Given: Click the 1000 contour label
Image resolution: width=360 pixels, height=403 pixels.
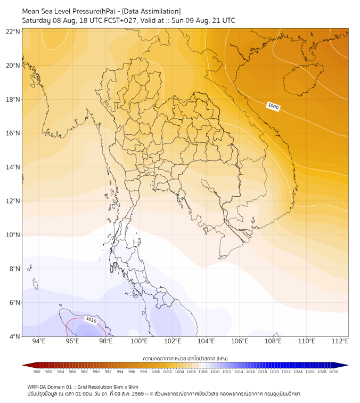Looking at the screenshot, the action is tap(273, 106).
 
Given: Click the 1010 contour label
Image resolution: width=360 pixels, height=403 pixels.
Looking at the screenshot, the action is tap(91, 320).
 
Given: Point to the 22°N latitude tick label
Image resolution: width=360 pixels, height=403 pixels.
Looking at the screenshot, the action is tap(13, 31).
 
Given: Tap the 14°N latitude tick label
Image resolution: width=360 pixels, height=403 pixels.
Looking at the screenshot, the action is tap(13, 167).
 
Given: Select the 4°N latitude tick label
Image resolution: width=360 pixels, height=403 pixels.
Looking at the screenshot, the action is tap(14, 336).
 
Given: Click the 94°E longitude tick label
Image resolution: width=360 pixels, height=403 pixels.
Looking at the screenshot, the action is tap(39, 341).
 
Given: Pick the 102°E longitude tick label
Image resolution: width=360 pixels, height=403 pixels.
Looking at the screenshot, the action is tap(173, 341).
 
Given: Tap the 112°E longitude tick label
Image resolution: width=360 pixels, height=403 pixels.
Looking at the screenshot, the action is tap(340, 341).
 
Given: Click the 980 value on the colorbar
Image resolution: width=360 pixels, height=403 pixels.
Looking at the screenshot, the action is tap(37, 372).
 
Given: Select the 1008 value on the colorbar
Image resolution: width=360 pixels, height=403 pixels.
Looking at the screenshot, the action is tap(203, 372).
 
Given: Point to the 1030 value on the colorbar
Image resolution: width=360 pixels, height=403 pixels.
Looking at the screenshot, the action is tap(333, 372).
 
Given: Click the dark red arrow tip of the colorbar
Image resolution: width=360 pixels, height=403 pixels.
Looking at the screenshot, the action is tap(23, 365).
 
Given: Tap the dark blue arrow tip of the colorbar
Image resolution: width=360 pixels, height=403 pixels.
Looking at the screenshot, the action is tap(348, 365).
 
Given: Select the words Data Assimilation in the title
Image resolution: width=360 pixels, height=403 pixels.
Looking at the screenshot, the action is tap(151, 11).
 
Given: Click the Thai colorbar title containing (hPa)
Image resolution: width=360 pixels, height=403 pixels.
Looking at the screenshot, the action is tap(185, 358).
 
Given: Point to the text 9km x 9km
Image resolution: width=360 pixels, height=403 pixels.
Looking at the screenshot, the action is tap(125, 387).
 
